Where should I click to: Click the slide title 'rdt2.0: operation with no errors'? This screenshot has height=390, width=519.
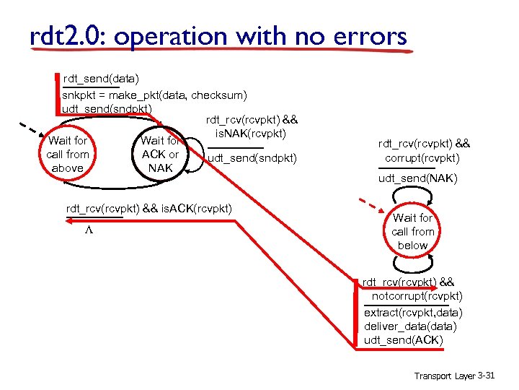coord(218,36)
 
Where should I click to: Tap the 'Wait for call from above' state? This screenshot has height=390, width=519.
coord(68,154)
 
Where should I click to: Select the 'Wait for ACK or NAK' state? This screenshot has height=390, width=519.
coord(160,154)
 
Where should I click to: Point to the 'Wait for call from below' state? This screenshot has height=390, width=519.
coord(413,231)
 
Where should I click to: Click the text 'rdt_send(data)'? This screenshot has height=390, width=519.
coord(101,78)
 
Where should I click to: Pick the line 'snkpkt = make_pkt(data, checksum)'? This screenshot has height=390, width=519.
coord(155,95)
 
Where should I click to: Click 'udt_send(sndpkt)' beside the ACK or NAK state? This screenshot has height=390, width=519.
coord(252,157)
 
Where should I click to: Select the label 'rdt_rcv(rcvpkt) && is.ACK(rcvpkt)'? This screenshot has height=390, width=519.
coord(149,209)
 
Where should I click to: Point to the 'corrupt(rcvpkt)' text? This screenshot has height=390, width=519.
coord(422,157)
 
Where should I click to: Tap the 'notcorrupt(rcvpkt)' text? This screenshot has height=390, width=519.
coord(417,296)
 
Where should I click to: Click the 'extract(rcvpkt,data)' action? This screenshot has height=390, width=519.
coord(413,313)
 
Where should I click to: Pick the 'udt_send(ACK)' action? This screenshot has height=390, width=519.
coord(404,340)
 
